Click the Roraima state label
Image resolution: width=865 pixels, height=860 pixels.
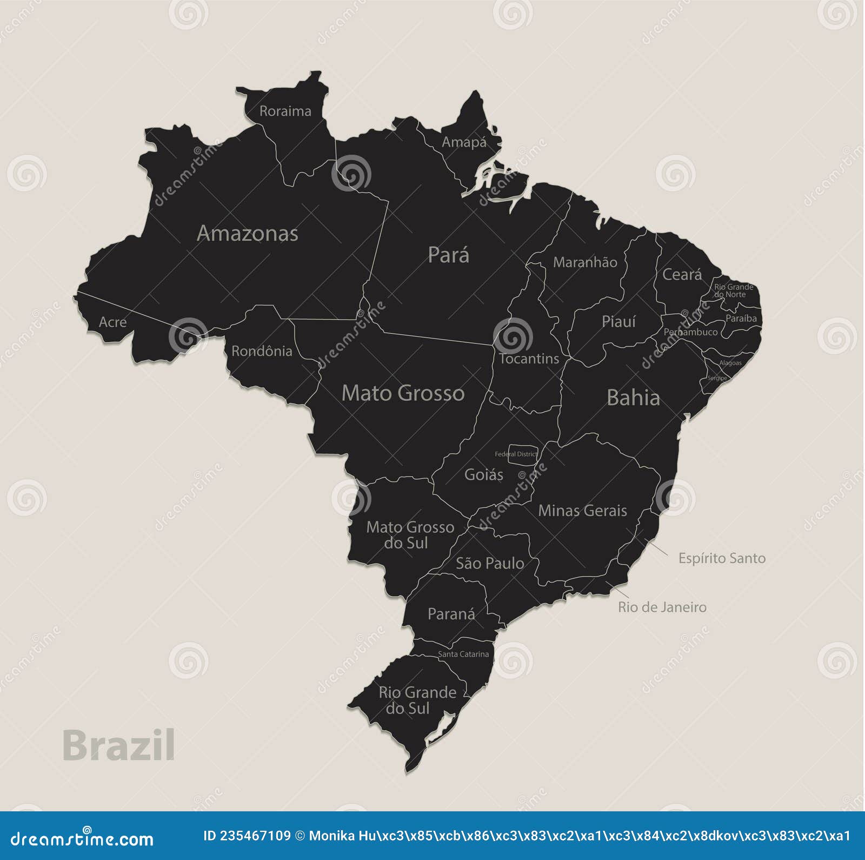[285, 111]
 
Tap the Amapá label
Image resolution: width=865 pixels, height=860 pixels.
[464, 142]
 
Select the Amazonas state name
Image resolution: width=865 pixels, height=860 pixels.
[247, 234]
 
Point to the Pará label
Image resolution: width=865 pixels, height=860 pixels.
[448, 255]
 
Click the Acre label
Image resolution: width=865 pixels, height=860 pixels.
[112, 322]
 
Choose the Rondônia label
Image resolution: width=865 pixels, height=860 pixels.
[262, 352]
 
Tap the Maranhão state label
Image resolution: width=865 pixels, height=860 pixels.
[585, 262]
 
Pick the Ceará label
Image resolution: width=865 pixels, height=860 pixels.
[682, 275]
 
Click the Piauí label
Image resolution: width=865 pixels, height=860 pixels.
[618, 322]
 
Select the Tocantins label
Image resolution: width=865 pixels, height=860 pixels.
[529, 359]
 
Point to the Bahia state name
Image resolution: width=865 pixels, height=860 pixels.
[633, 398]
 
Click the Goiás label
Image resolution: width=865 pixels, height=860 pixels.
[483, 475]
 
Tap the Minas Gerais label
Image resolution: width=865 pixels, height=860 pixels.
[582, 511]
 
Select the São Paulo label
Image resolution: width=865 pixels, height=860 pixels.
[490, 564]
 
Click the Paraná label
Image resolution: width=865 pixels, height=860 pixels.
[451, 614]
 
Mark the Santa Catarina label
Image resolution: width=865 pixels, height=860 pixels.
[463, 654]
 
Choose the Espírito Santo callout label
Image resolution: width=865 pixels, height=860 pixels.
[722, 558]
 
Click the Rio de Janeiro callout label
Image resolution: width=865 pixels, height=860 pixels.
[662, 607]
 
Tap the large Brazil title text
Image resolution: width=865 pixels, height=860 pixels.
[118, 745]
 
